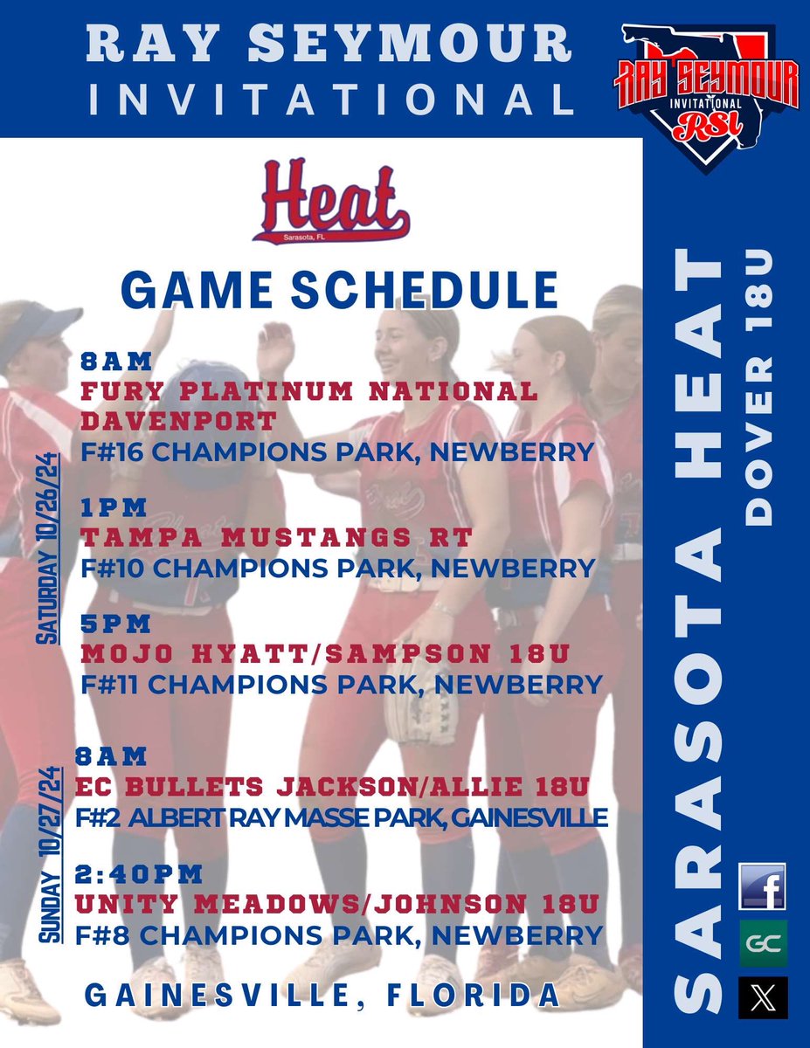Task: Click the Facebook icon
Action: tap(762, 886)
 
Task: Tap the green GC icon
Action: tap(762, 942)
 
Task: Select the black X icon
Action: tap(762, 997)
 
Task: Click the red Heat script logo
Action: tap(332, 213)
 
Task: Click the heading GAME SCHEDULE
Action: tap(339, 288)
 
